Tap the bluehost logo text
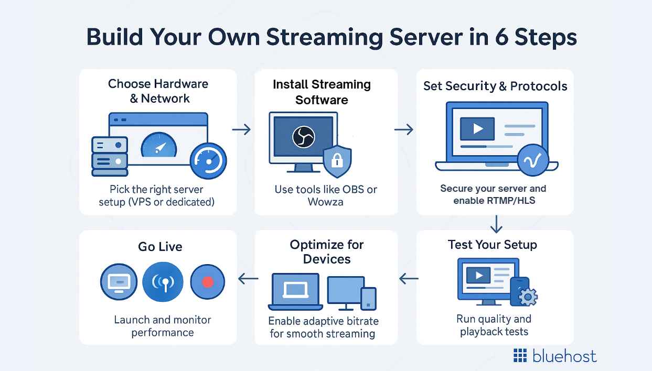coord(564,356)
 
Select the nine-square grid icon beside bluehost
coord(520,356)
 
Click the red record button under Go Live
coord(207,282)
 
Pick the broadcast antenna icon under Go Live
coord(163,282)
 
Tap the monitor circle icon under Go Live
coord(119,282)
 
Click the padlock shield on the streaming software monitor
coord(337,162)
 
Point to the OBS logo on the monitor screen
coord(303,137)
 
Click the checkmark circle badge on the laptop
coord(532,160)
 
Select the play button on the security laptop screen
coord(477,128)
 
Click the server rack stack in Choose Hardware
coord(110,156)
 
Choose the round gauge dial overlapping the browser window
coord(209,161)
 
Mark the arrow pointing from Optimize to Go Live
coord(248,279)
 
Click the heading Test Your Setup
coord(492,245)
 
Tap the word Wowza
coord(325,202)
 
